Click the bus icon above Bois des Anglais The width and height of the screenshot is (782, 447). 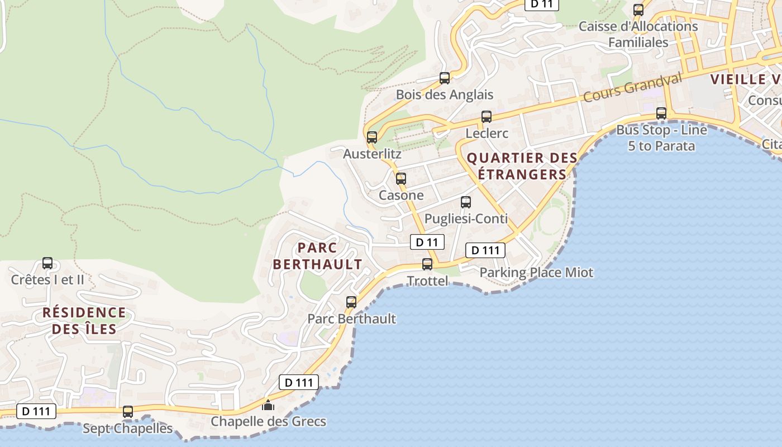pos(445,78)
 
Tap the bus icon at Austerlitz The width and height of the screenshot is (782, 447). pos(372,137)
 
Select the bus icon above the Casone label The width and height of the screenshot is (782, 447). pos(401,179)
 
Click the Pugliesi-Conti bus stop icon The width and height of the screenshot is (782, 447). pos(466,202)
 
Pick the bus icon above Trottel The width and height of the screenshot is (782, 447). pos(427,264)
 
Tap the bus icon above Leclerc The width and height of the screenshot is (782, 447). pos(487,117)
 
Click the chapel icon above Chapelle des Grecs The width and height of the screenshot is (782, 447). pos(268,405)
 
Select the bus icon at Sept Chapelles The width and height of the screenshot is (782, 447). pos(128,412)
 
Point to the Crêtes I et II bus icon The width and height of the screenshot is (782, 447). pos(47,263)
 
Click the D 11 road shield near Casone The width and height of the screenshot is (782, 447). pos(427,242)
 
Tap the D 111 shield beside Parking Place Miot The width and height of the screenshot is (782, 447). pos(485,250)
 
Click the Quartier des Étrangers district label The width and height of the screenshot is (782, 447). pos(522,166)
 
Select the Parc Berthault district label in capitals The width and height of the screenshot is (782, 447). pos(317,256)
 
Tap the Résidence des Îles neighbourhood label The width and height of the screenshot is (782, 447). pos(84,321)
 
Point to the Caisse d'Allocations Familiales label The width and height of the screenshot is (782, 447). pos(638,34)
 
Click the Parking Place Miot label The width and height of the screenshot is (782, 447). pos(536,273)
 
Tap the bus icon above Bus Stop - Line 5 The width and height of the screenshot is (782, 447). pos(661,113)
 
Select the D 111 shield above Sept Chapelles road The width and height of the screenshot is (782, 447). pos(36,412)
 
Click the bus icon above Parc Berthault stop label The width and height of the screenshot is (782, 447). pos(351,302)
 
